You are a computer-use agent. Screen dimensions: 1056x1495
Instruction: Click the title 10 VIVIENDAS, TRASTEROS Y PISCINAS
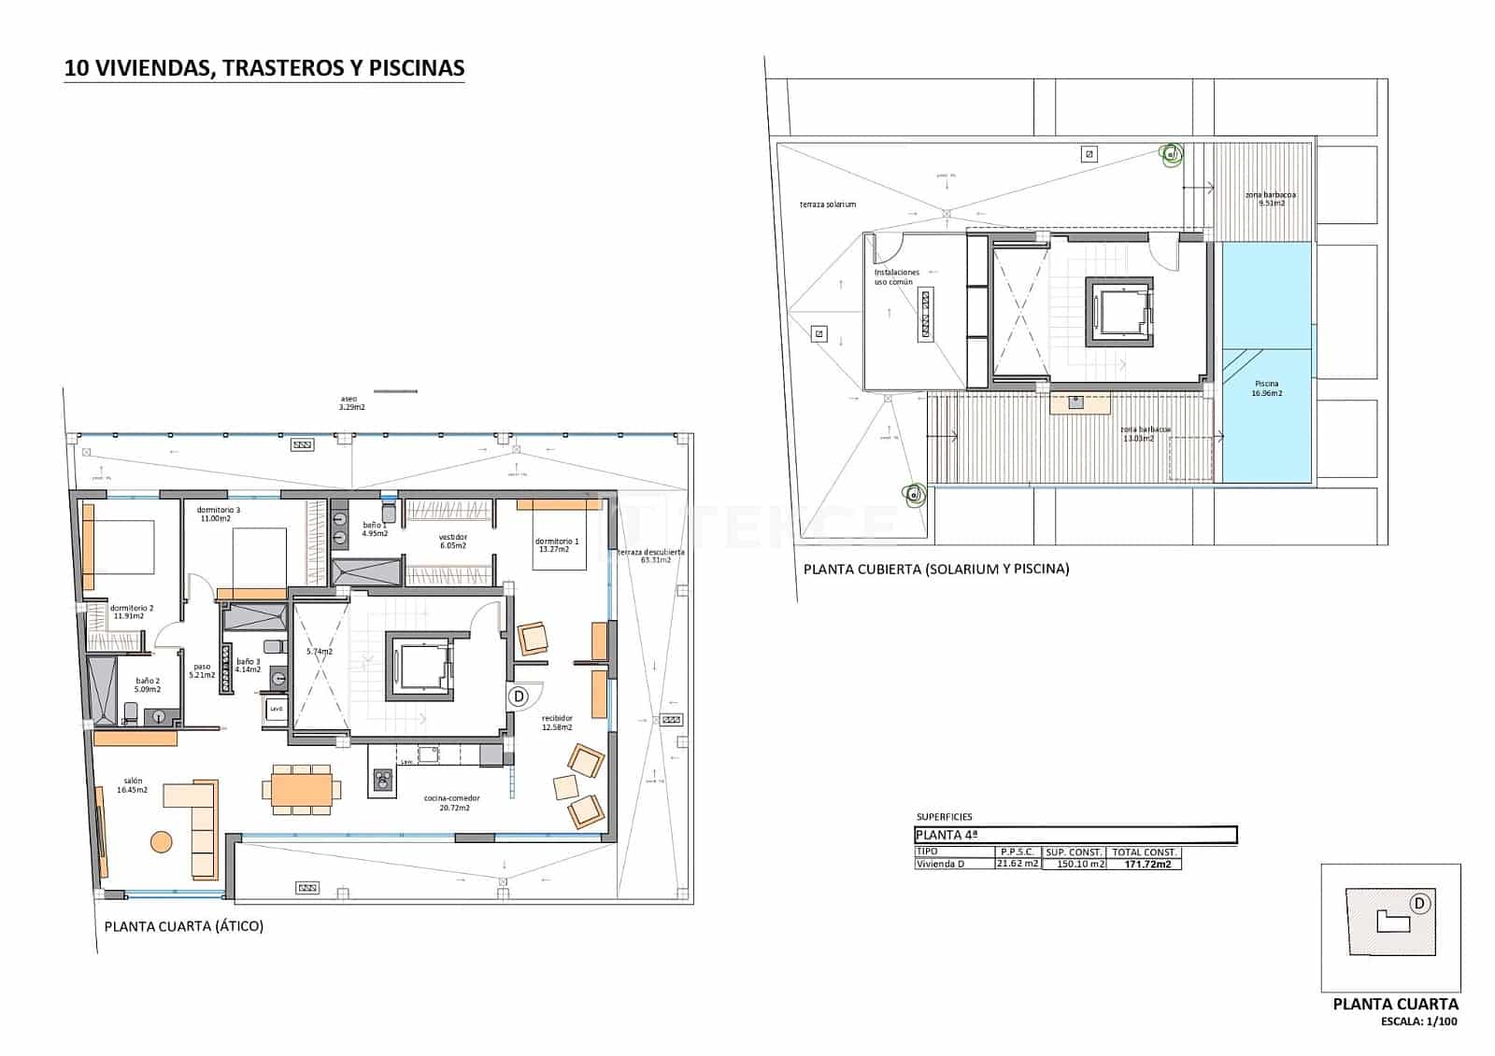click(263, 68)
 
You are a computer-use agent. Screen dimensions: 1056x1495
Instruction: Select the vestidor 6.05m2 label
click(452, 542)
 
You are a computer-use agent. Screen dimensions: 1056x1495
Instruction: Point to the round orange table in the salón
click(162, 841)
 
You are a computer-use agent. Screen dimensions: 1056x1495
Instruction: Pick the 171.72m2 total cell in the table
click(1146, 865)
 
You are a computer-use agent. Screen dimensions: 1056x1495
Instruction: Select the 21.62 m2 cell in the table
click(1017, 864)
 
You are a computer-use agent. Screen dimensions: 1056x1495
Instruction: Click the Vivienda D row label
click(940, 864)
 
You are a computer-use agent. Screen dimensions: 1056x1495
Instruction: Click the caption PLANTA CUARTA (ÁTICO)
click(184, 926)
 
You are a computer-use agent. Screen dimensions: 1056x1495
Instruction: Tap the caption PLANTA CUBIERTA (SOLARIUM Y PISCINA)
click(936, 568)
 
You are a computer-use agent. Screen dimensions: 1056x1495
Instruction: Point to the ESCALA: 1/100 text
click(1418, 1021)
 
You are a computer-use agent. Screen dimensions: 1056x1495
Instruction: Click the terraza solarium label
click(827, 204)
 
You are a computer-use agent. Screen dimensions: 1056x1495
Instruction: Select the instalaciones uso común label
click(897, 277)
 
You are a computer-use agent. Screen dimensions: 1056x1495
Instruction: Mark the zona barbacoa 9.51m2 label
click(1271, 199)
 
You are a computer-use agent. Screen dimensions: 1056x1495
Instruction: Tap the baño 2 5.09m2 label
click(148, 684)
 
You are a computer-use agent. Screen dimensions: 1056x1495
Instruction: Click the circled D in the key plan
click(1419, 903)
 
